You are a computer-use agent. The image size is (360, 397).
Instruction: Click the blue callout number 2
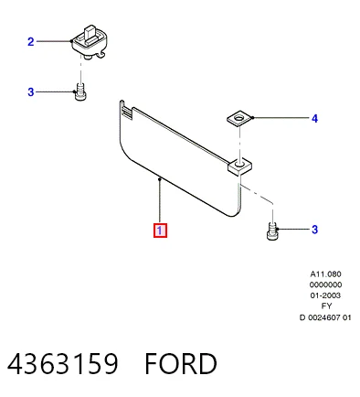(31, 41)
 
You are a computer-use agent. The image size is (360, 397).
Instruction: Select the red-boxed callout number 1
(160, 231)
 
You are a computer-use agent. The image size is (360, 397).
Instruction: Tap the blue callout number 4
(314, 119)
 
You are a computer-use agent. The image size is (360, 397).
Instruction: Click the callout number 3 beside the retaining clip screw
(31, 91)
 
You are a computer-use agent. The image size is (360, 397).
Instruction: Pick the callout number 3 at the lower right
(315, 230)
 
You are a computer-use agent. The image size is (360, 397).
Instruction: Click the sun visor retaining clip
(90, 42)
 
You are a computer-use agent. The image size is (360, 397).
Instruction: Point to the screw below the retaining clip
(80, 91)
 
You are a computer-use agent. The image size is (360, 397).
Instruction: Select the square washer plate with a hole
(240, 118)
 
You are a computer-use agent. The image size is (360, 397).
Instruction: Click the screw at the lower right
(272, 231)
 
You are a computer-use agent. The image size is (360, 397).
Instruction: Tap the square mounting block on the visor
(239, 166)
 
